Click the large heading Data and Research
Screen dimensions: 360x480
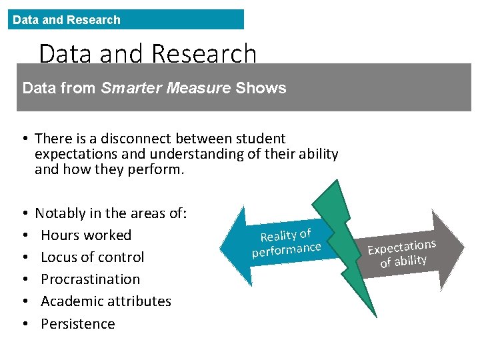point(147,53)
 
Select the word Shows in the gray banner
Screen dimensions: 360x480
point(261,88)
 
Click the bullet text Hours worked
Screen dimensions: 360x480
point(86,235)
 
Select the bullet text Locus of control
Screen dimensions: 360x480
point(92,257)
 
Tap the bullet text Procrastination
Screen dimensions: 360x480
point(90,279)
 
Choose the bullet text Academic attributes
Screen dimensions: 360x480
point(106,301)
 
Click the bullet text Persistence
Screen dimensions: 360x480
point(77,324)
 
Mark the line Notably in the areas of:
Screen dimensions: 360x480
point(111,213)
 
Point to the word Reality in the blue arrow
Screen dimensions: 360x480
point(278,235)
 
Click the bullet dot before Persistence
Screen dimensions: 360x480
point(24,324)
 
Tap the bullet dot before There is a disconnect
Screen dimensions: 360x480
point(24,139)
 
